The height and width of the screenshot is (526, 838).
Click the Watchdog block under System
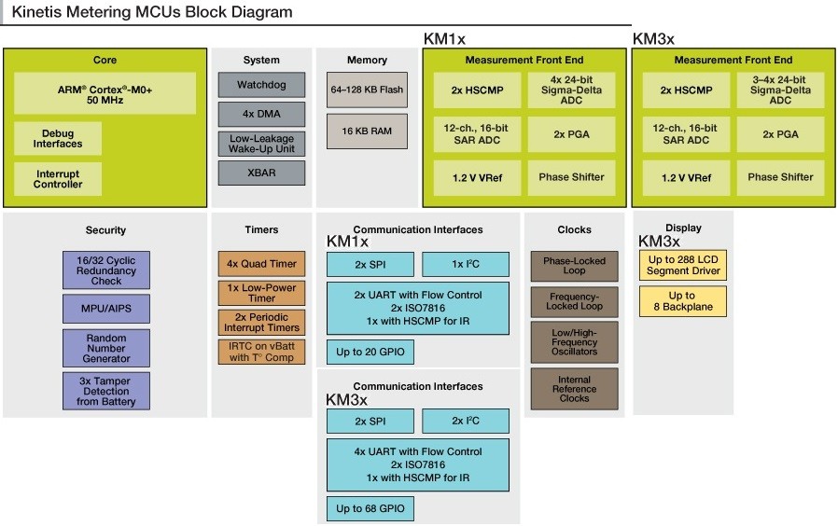click(x=261, y=85)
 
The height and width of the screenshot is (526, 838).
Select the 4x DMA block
click(x=261, y=115)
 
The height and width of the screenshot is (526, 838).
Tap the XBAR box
click(x=261, y=173)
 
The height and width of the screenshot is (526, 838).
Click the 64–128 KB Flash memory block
click(x=367, y=90)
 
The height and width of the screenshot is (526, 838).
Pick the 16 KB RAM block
click(x=367, y=131)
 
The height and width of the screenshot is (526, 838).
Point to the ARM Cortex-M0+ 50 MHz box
click(x=105, y=93)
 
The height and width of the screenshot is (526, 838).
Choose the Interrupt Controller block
click(x=58, y=179)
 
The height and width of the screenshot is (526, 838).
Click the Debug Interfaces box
click(x=58, y=139)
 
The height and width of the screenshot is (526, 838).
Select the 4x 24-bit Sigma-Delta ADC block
click(x=571, y=90)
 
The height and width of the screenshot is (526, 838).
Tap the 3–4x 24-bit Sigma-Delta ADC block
click(x=780, y=90)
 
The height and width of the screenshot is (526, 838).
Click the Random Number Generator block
click(x=106, y=347)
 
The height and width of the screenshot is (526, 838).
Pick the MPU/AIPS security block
click(x=106, y=307)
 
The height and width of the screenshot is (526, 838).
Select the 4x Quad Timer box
click(x=262, y=264)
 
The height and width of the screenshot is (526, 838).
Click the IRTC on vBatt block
click(x=262, y=352)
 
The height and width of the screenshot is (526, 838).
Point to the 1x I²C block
click(x=466, y=264)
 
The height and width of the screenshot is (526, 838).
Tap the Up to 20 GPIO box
click(x=370, y=352)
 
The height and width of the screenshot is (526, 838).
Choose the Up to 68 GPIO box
click(x=370, y=508)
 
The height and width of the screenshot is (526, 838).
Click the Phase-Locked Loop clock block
click(x=574, y=267)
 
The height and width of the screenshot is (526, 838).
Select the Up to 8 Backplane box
click(x=682, y=301)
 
